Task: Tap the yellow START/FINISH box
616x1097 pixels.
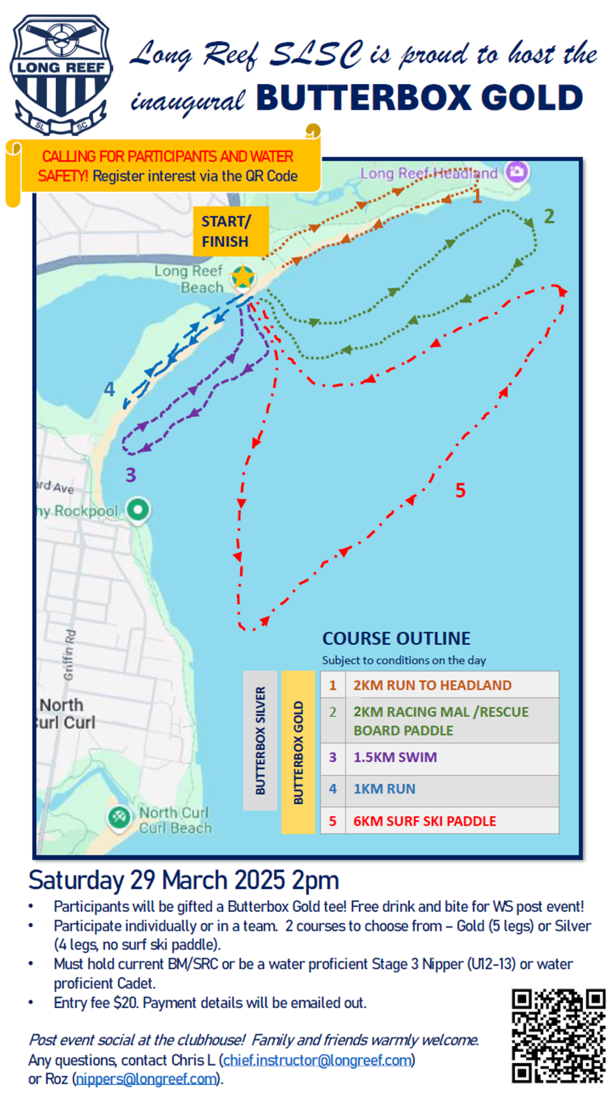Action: tap(231, 232)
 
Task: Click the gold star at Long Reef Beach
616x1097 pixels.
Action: tap(243, 277)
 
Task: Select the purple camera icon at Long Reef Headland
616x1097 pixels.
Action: tap(516, 171)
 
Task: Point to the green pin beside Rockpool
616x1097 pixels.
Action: tap(138, 509)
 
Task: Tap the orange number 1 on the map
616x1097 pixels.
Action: tap(476, 196)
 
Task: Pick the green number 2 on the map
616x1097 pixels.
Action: tap(549, 217)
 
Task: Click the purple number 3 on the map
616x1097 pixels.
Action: tap(131, 475)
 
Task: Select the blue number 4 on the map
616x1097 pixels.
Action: tap(110, 389)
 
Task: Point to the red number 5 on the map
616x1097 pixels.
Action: tap(460, 490)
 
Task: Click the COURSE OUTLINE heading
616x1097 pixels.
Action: tap(396, 638)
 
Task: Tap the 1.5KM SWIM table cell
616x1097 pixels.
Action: tap(395, 757)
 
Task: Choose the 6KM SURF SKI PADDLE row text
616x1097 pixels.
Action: tap(424, 821)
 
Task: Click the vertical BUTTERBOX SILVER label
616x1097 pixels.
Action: tap(260, 740)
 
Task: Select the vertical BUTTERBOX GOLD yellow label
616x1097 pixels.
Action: tap(298, 752)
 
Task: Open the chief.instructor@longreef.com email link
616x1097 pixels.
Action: tap(318, 1060)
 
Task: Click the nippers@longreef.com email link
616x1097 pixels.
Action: tap(146, 1079)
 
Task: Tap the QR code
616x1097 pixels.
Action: tap(558, 1036)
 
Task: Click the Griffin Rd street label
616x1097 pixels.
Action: tap(70, 655)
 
